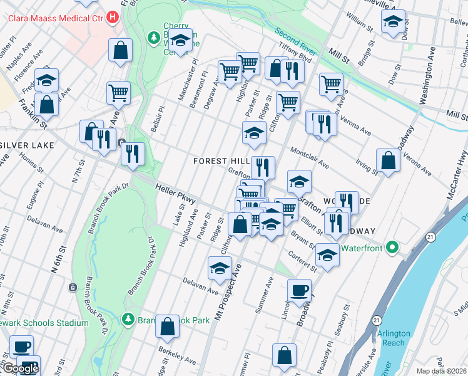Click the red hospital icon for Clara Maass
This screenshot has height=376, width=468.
[x=113, y=18]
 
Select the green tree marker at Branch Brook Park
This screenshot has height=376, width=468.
[x=128, y=320]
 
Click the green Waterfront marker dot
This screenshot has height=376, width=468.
[x=393, y=248]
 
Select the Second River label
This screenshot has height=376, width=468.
[x=292, y=41]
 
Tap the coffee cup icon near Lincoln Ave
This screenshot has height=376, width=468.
[x=300, y=290]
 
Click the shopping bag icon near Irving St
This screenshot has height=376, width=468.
[x=389, y=160]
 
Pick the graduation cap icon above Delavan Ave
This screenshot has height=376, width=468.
[x=220, y=268]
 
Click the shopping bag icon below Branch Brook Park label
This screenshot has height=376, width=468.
[x=168, y=326]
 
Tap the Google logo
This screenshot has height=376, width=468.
[x=20, y=368]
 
